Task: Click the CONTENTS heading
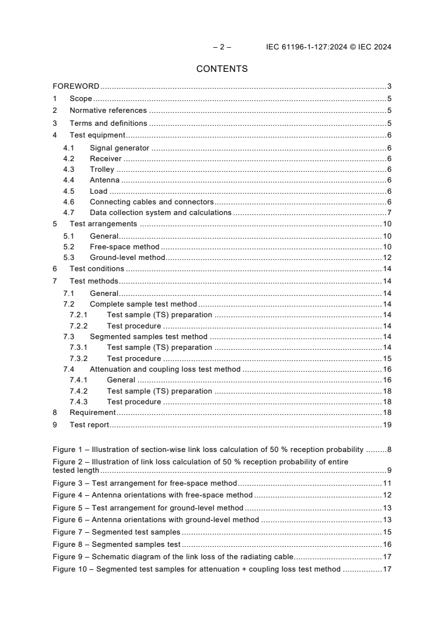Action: click(x=222, y=69)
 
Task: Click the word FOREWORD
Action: click(x=76, y=86)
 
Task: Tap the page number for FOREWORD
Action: click(x=389, y=86)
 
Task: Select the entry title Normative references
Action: click(x=108, y=111)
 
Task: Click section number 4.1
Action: click(x=68, y=148)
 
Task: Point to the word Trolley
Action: click(x=102, y=169)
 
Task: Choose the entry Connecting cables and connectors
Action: click(x=152, y=202)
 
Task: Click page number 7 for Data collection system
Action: click(x=389, y=212)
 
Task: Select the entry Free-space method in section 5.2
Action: click(x=125, y=246)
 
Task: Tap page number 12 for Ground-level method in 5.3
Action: click(x=387, y=257)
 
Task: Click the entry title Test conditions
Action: click(x=97, y=268)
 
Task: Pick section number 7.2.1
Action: click(x=78, y=315)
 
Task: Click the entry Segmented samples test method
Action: click(x=148, y=337)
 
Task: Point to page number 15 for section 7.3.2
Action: click(x=387, y=358)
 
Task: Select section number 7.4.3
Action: click(x=78, y=401)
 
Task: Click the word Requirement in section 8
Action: click(x=93, y=412)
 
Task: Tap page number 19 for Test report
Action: click(x=387, y=425)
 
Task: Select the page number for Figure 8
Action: click(x=387, y=544)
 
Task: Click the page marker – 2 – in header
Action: click(x=222, y=47)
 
